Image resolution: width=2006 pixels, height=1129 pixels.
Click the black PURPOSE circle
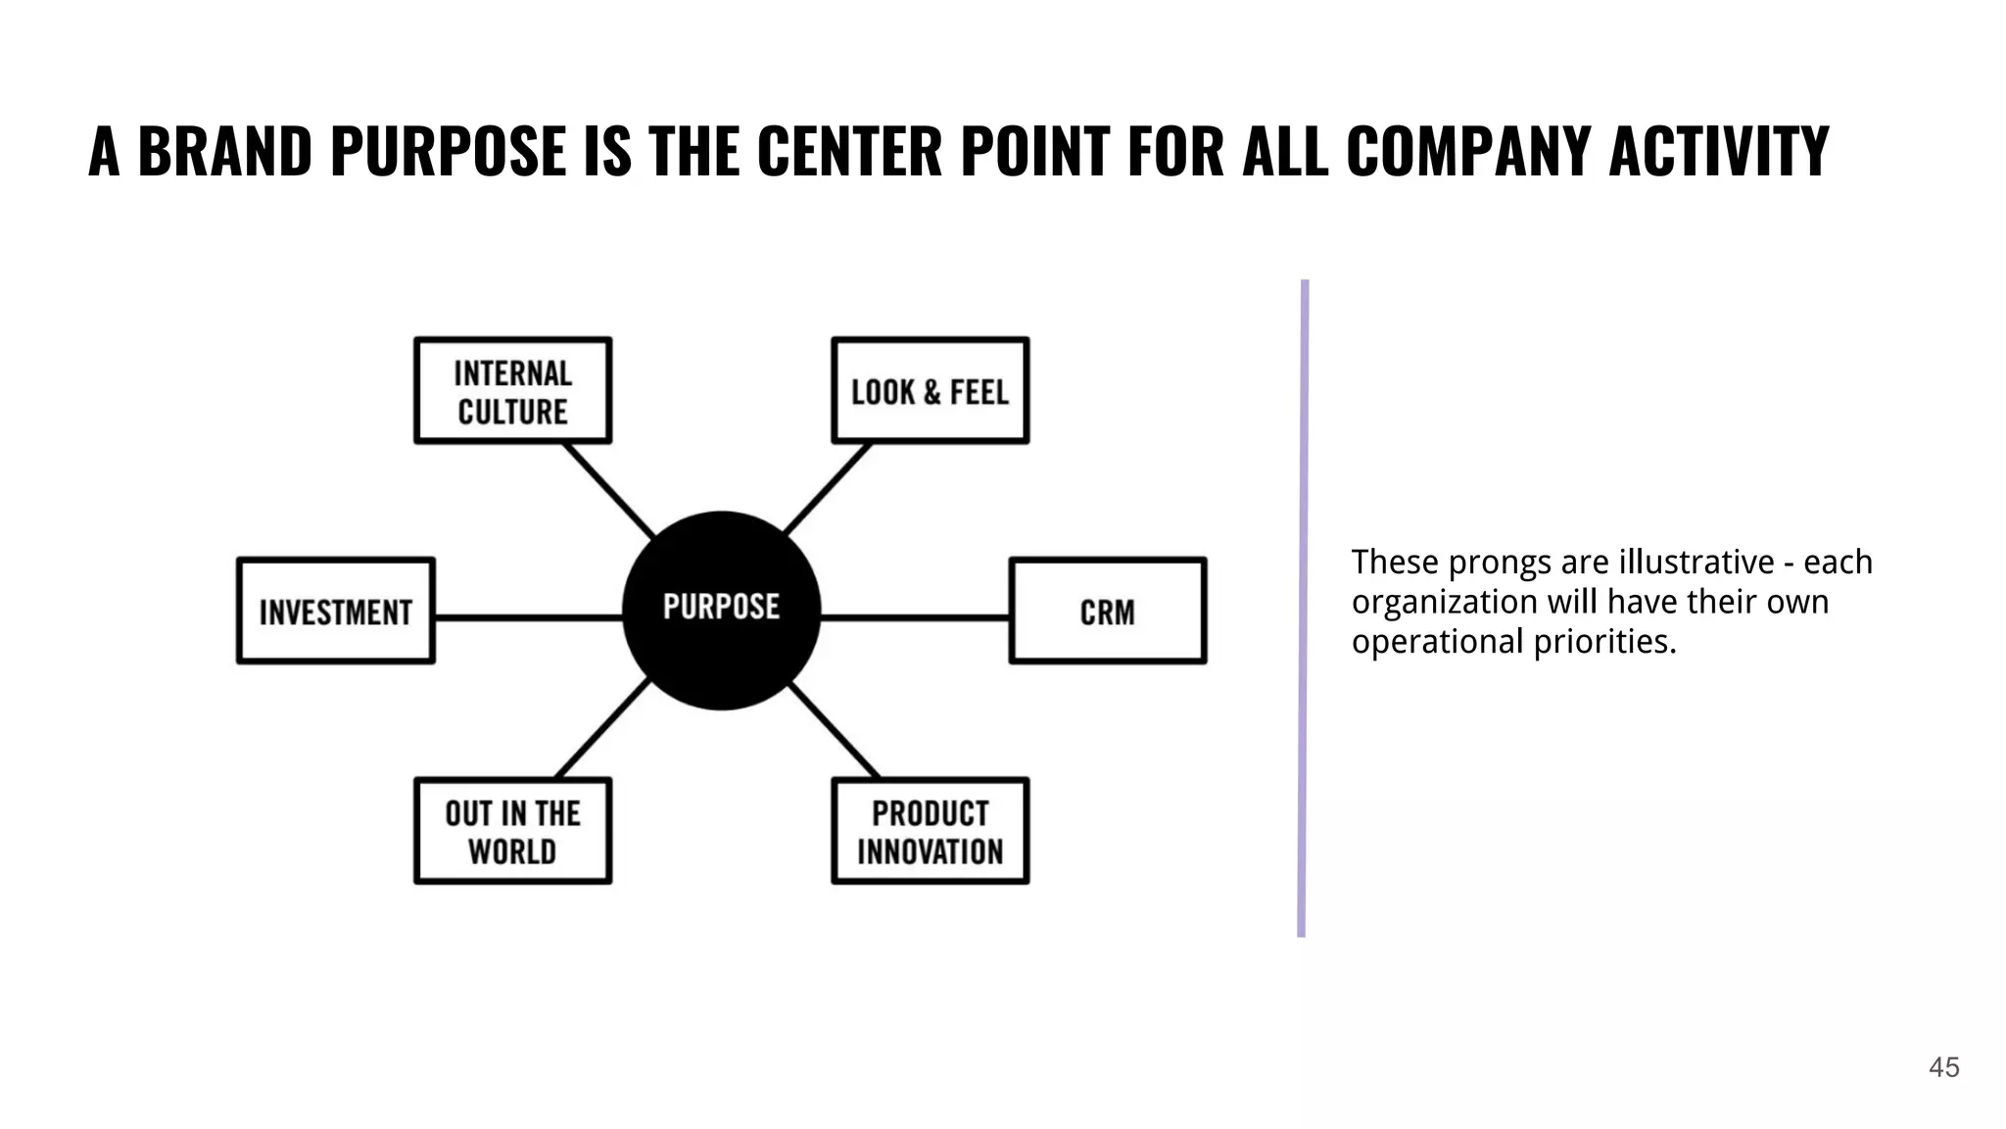point(722,610)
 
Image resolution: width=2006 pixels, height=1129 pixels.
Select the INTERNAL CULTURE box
point(512,391)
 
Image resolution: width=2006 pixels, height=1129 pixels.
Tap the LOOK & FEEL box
point(930,391)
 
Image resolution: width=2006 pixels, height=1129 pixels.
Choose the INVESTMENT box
point(335,612)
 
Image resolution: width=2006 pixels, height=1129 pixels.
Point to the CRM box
point(1108,612)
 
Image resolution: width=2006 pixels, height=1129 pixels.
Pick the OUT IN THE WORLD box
point(512,831)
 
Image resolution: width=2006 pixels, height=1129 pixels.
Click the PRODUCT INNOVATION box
point(930,831)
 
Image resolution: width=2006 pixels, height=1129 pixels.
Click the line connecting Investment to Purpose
point(529,617)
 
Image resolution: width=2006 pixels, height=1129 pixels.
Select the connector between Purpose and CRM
point(915,617)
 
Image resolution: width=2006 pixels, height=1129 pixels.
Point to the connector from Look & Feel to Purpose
point(828,488)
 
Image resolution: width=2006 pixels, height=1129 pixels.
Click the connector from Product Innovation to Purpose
point(835,729)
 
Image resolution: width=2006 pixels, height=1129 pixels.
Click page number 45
point(1943,1067)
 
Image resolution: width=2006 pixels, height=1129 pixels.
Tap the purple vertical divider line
point(1303,608)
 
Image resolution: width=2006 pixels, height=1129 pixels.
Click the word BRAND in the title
point(224,152)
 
